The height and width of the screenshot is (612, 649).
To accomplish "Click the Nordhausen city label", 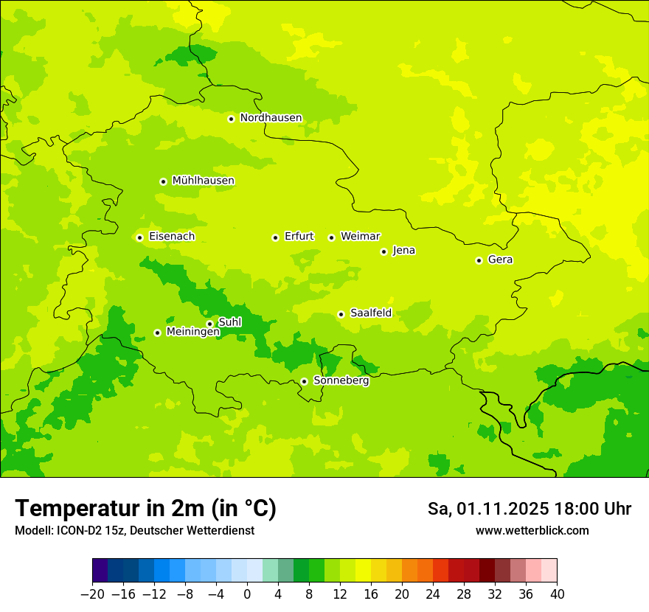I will [x=271, y=118].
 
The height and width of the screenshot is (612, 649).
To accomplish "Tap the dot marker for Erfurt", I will [x=275, y=237].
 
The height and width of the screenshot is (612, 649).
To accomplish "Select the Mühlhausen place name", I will [x=203, y=181].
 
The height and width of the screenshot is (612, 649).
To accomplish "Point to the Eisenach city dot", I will [x=139, y=237].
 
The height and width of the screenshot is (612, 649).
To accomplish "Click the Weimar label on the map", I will [x=360, y=237].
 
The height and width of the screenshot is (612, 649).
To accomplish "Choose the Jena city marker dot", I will [x=383, y=251].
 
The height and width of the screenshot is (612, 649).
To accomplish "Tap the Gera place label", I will [x=500, y=260].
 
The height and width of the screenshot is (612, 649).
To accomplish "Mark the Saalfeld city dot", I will [x=341, y=314].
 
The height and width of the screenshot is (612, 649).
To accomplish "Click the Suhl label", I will [x=229, y=322].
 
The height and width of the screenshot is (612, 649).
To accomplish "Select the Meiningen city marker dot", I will [x=157, y=333].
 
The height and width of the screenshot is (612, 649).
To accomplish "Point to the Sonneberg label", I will [x=341, y=380].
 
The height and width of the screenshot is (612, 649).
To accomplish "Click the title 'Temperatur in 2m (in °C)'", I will [x=145, y=509].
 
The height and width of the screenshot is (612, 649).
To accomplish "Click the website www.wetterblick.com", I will [x=532, y=531].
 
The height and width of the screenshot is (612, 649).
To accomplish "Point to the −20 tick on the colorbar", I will [x=92, y=594].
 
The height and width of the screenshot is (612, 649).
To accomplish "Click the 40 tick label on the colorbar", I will [x=557, y=594].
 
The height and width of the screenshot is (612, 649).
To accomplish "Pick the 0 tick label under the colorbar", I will [x=247, y=594].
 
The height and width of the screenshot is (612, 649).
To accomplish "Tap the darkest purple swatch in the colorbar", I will [x=100, y=571].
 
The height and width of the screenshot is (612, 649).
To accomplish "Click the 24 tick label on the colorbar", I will [x=433, y=594].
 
